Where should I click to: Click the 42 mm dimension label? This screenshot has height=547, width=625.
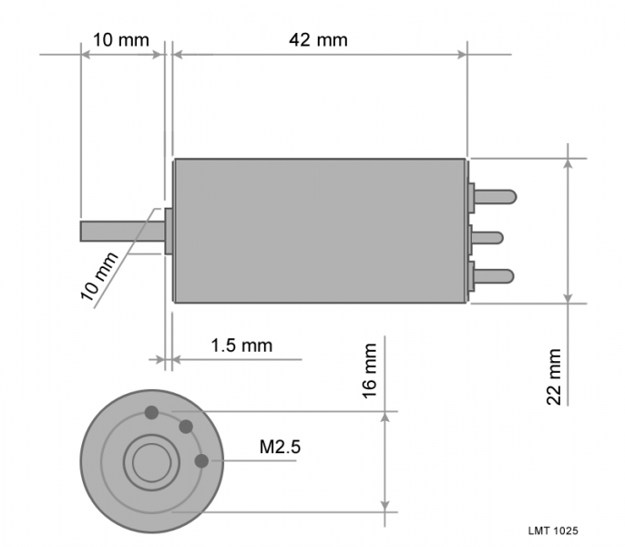click(x=318, y=40)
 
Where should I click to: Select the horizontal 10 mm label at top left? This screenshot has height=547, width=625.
click(x=121, y=40)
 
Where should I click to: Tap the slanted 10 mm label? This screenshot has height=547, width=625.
click(x=99, y=276)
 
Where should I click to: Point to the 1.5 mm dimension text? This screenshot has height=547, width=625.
click(x=241, y=346)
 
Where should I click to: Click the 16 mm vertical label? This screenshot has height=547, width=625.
click(x=370, y=371)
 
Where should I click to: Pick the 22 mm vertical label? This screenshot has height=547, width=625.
click(x=554, y=377)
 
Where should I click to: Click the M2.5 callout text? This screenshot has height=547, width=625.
click(x=280, y=447)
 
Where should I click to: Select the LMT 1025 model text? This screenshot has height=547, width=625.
click(x=553, y=531)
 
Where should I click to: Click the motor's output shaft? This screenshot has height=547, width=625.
click(x=122, y=231)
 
